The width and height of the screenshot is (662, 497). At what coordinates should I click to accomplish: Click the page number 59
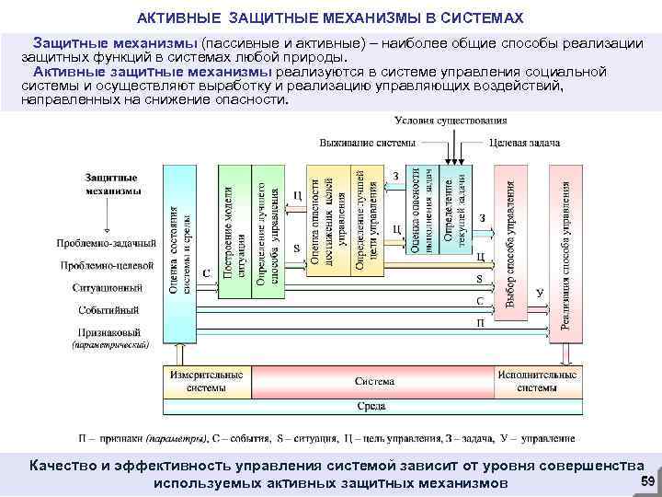[646, 483]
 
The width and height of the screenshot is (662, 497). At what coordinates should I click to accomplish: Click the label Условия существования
[451, 121]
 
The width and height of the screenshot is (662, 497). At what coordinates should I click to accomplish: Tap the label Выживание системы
[367, 144]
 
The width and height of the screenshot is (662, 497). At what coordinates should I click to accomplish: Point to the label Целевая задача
[524, 144]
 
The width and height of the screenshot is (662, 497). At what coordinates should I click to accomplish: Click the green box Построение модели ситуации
[234, 231]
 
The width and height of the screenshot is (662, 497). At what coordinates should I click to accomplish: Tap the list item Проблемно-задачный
[107, 243]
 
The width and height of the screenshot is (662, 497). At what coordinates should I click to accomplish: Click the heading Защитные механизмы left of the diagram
[111, 184]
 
